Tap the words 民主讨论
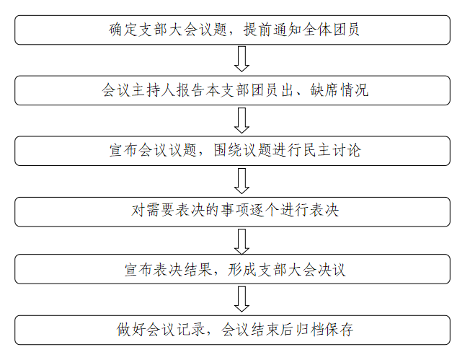332,151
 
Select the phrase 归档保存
323,330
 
